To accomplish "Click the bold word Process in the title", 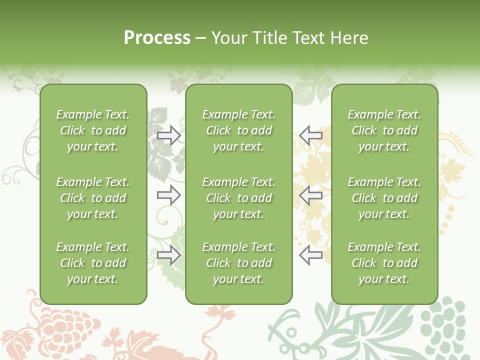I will (157, 37).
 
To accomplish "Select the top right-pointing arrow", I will (168, 135).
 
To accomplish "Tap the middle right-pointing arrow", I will (168, 194).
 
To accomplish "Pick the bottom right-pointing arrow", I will (168, 255).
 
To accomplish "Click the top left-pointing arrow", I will (311, 135).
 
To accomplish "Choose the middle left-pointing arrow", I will (311, 194).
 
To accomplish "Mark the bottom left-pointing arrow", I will (311, 255).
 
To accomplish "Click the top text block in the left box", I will (93, 130).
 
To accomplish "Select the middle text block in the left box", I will (93, 198).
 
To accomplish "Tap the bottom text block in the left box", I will (93, 263).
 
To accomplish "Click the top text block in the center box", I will (238, 130).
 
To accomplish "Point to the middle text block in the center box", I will (238, 198).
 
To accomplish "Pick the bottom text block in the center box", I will (238, 263).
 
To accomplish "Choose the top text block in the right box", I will (384, 130).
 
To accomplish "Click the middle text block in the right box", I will (384, 198).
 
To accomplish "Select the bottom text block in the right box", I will (384, 263).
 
